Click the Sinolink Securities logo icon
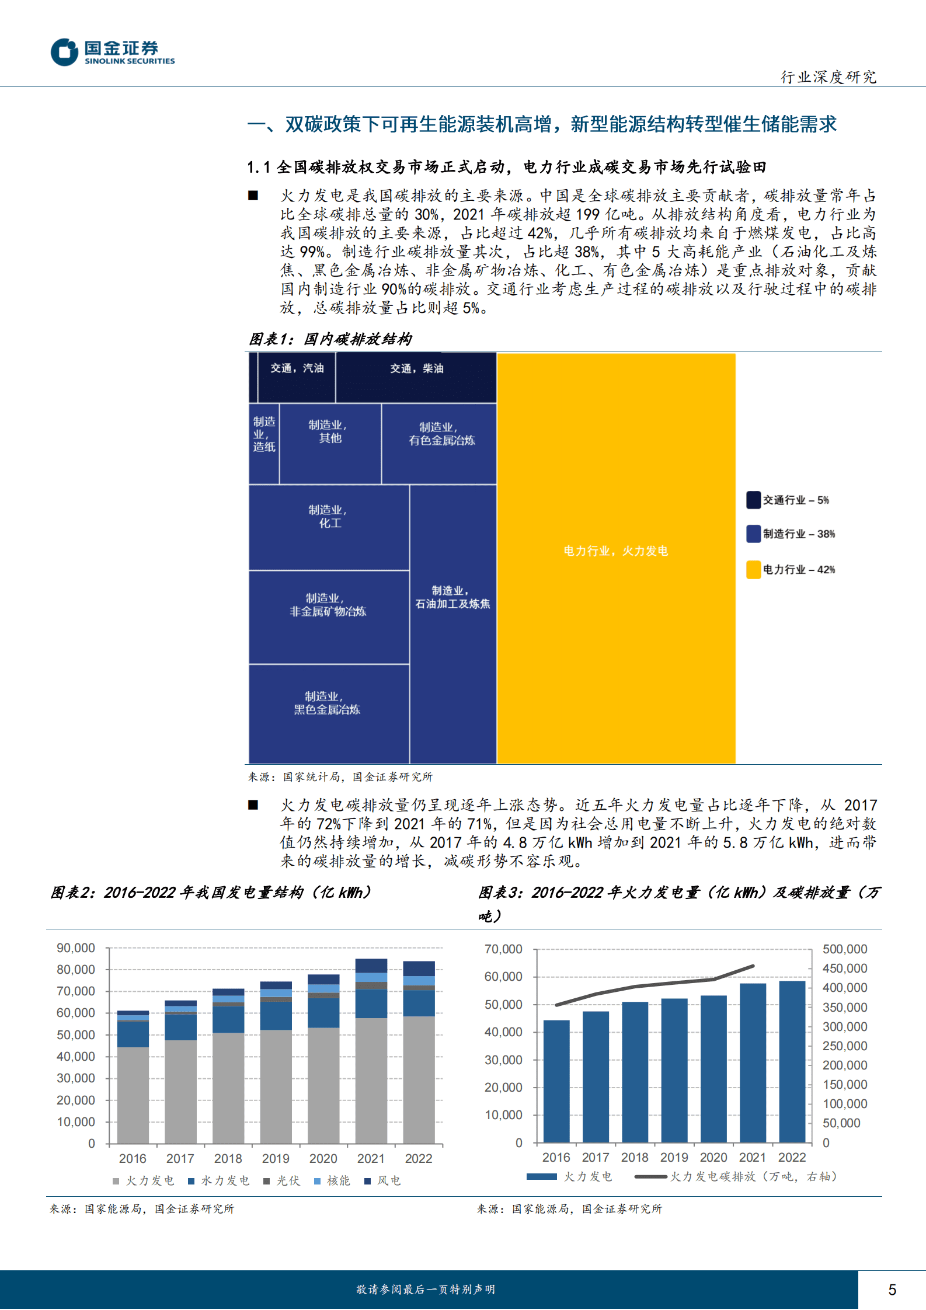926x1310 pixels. (64, 53)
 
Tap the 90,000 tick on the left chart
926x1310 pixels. (76, 948)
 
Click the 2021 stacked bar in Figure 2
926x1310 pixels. (371, 1051)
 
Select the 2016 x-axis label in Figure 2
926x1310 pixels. (133, 1159)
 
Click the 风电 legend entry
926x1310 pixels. (383, 1181)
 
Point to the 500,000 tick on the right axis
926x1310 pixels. (845, 949)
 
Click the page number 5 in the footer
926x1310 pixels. (892, 1290)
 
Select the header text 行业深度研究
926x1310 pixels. (828, 77)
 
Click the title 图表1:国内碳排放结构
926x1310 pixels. (330, 339)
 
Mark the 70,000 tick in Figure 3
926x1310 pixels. (503, 949)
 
